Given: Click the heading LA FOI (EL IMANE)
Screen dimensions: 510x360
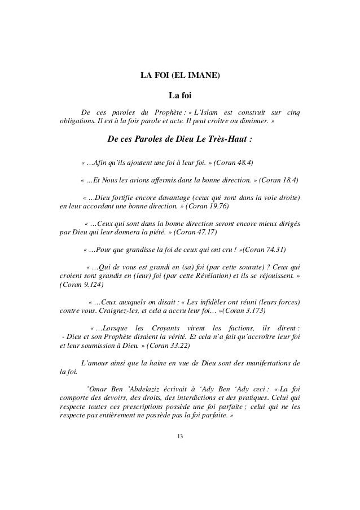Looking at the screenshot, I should click(180, 76).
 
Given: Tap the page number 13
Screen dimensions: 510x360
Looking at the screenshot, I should click(180, 437).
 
